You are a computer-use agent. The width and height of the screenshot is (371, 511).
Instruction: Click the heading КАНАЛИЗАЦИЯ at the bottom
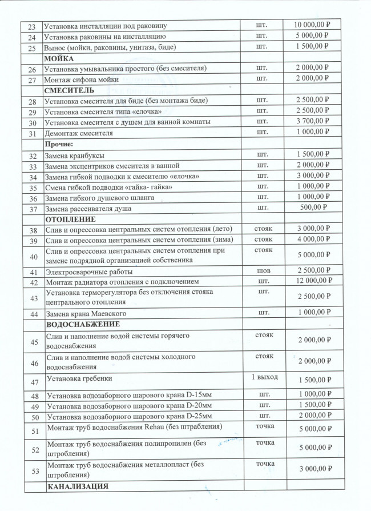78,486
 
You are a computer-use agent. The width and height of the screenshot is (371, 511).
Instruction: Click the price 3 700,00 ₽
317,122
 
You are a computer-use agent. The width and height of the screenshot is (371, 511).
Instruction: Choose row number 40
32,255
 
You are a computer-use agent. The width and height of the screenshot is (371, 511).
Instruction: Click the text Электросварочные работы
88,272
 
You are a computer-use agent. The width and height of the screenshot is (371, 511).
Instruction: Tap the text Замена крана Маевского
86,314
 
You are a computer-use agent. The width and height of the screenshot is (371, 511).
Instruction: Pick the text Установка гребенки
80,378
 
